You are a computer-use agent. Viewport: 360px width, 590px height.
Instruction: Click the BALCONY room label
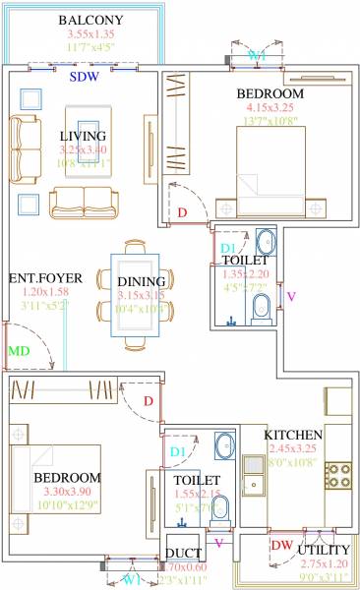click(90, 20)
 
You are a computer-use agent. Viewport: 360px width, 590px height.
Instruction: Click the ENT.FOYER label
click(45, 278)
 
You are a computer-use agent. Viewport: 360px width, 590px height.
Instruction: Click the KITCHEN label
click(293, 435)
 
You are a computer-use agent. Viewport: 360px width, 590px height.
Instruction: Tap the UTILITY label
click(325, 549)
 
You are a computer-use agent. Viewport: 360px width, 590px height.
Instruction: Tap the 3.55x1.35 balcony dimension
click(90, 34)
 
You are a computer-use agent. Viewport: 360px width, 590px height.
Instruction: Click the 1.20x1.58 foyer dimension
click(45, 292)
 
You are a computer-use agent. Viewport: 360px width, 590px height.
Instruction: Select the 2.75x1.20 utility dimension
click(323, 563)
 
